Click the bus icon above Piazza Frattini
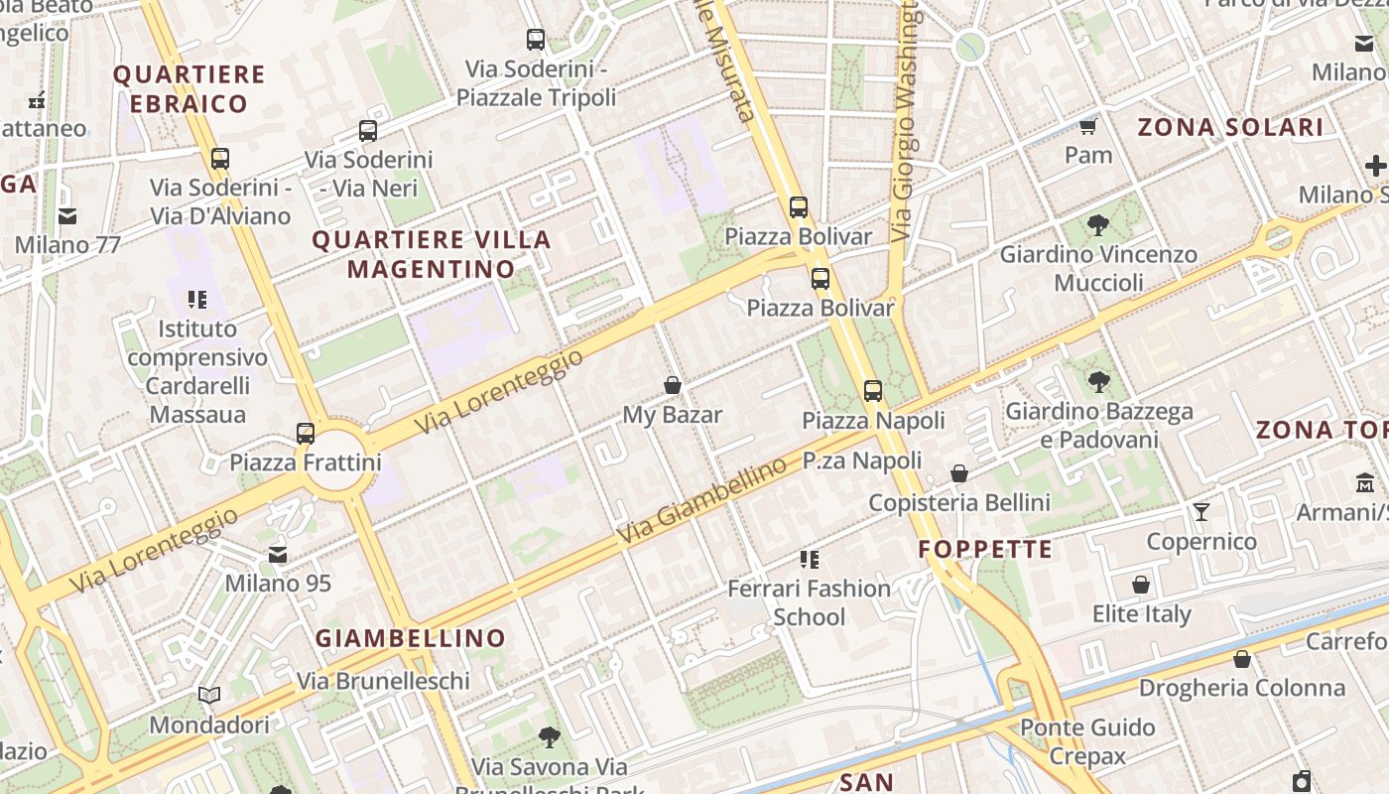coord(306,434)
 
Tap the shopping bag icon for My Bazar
coord(673,385)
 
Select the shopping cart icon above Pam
coord(1088,126)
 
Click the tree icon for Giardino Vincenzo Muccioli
coord(1098,224)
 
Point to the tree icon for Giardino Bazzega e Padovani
coord(1098,381)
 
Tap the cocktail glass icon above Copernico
coord(1201,511)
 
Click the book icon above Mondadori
coord(209,695)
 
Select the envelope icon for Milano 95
coord(278,554)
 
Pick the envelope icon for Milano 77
coord(67,215)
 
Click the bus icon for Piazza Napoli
coord(873,391)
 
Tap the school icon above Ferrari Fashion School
coord(810,560)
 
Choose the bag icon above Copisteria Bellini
coord(959,473)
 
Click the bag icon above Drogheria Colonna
coord(1241,659)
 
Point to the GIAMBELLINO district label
coord(411,638)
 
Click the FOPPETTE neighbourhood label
coord(985,550)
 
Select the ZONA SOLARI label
coord(1230,127)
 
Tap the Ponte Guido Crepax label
coord(1087,741)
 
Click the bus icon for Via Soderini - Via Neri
coord(368,130)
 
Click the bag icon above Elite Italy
coord(1141,585)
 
